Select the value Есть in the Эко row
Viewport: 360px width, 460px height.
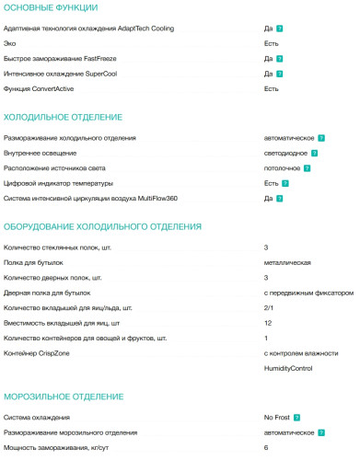271,44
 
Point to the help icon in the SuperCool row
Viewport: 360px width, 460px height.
279,74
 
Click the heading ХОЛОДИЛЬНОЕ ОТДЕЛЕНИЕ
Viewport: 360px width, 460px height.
64,118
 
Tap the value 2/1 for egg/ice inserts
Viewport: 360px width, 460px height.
268,307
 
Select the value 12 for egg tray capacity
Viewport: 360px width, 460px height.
267,322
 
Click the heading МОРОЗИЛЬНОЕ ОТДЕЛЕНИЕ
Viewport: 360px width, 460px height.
64,397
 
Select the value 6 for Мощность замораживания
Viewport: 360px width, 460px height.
265,446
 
